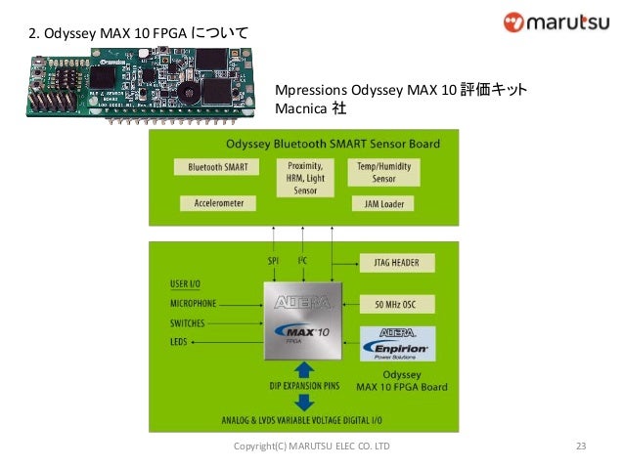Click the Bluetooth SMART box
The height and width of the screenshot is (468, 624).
pos(217,167)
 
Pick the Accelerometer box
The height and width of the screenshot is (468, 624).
pos(217,203)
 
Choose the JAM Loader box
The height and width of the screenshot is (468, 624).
pos(383,204)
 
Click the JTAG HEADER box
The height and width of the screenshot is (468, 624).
pos(397,263)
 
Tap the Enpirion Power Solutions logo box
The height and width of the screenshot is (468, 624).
pos(397,344)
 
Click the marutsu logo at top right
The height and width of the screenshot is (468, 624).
pos(555,22)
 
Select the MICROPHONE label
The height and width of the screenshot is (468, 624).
pos(194,304)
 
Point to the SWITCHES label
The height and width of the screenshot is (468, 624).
pos(188,322)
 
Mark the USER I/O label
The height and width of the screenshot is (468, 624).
pos(186,284)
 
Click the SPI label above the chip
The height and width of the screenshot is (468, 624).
pos(274,261)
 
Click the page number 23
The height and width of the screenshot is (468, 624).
pos(580,447)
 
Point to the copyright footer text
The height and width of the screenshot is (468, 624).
pos(311,447)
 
